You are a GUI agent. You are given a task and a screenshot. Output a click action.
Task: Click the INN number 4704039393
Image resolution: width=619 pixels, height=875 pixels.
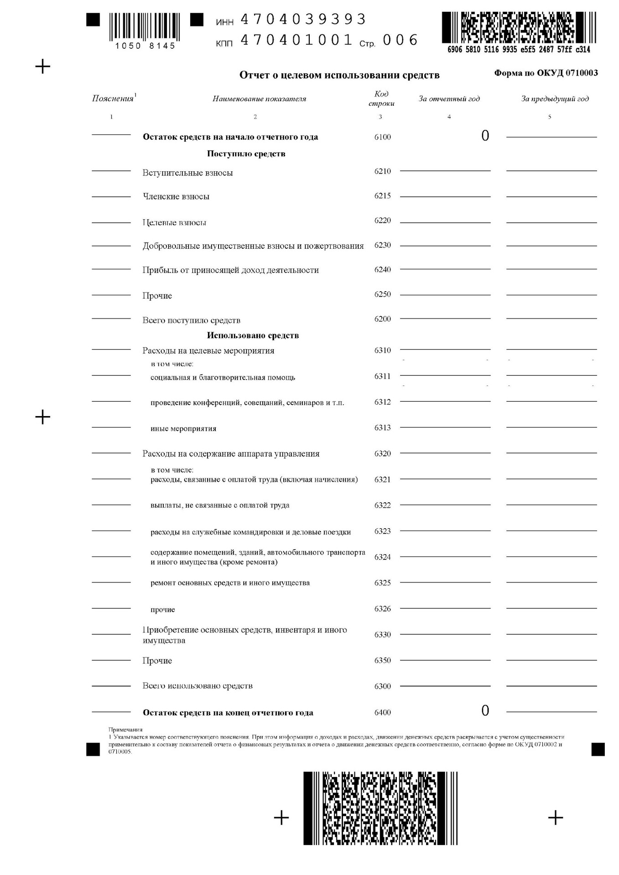(x=303, y=19)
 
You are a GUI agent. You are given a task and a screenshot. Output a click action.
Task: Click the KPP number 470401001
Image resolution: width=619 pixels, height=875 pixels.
(x=296, y=40)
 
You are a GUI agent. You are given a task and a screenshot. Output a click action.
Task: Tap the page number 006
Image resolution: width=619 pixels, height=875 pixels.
(x=400, y=40)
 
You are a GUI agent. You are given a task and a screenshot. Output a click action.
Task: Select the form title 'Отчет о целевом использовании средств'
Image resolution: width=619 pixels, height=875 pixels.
(x=339, y=75)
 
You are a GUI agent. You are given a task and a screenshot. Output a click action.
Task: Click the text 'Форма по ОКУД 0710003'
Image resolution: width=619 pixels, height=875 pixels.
(x=546, y=73)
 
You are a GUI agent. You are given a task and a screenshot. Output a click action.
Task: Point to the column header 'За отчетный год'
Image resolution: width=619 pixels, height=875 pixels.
(x=449, y=98)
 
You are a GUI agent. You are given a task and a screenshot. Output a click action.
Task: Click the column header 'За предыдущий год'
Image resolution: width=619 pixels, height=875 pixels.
(x=555, y=98)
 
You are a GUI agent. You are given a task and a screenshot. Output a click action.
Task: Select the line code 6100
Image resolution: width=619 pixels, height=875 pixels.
(x=382, y=137)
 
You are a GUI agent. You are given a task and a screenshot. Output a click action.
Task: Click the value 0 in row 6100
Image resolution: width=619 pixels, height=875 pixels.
(x=485, y=136)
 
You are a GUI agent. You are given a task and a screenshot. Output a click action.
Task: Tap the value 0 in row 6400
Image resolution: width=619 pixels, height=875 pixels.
(x=485, y=710)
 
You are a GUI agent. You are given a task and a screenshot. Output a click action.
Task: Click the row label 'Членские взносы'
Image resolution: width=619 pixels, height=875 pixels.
(x=176, y=196)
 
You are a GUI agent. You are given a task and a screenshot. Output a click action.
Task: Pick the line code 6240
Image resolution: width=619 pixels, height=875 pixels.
(x=382, y=270)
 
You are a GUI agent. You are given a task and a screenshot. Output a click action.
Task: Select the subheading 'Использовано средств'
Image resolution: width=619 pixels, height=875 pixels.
(x=253, y=335)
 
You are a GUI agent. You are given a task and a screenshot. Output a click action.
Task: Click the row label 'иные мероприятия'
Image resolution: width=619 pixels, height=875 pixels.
(x=183, y=428)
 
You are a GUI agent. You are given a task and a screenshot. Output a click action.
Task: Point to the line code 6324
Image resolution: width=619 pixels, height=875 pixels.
(x=382, y=557)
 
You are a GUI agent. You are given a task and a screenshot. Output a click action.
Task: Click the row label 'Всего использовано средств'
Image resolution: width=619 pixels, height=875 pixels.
(x=197, y=686)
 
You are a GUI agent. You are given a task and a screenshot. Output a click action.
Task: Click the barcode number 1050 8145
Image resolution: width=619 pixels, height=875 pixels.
(x=145, y=46)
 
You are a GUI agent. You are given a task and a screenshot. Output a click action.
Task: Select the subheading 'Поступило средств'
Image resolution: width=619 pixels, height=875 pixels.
(x=246, y=154)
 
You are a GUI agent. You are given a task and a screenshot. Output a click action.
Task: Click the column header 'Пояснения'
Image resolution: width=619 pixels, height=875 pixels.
(x=113, y=98)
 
